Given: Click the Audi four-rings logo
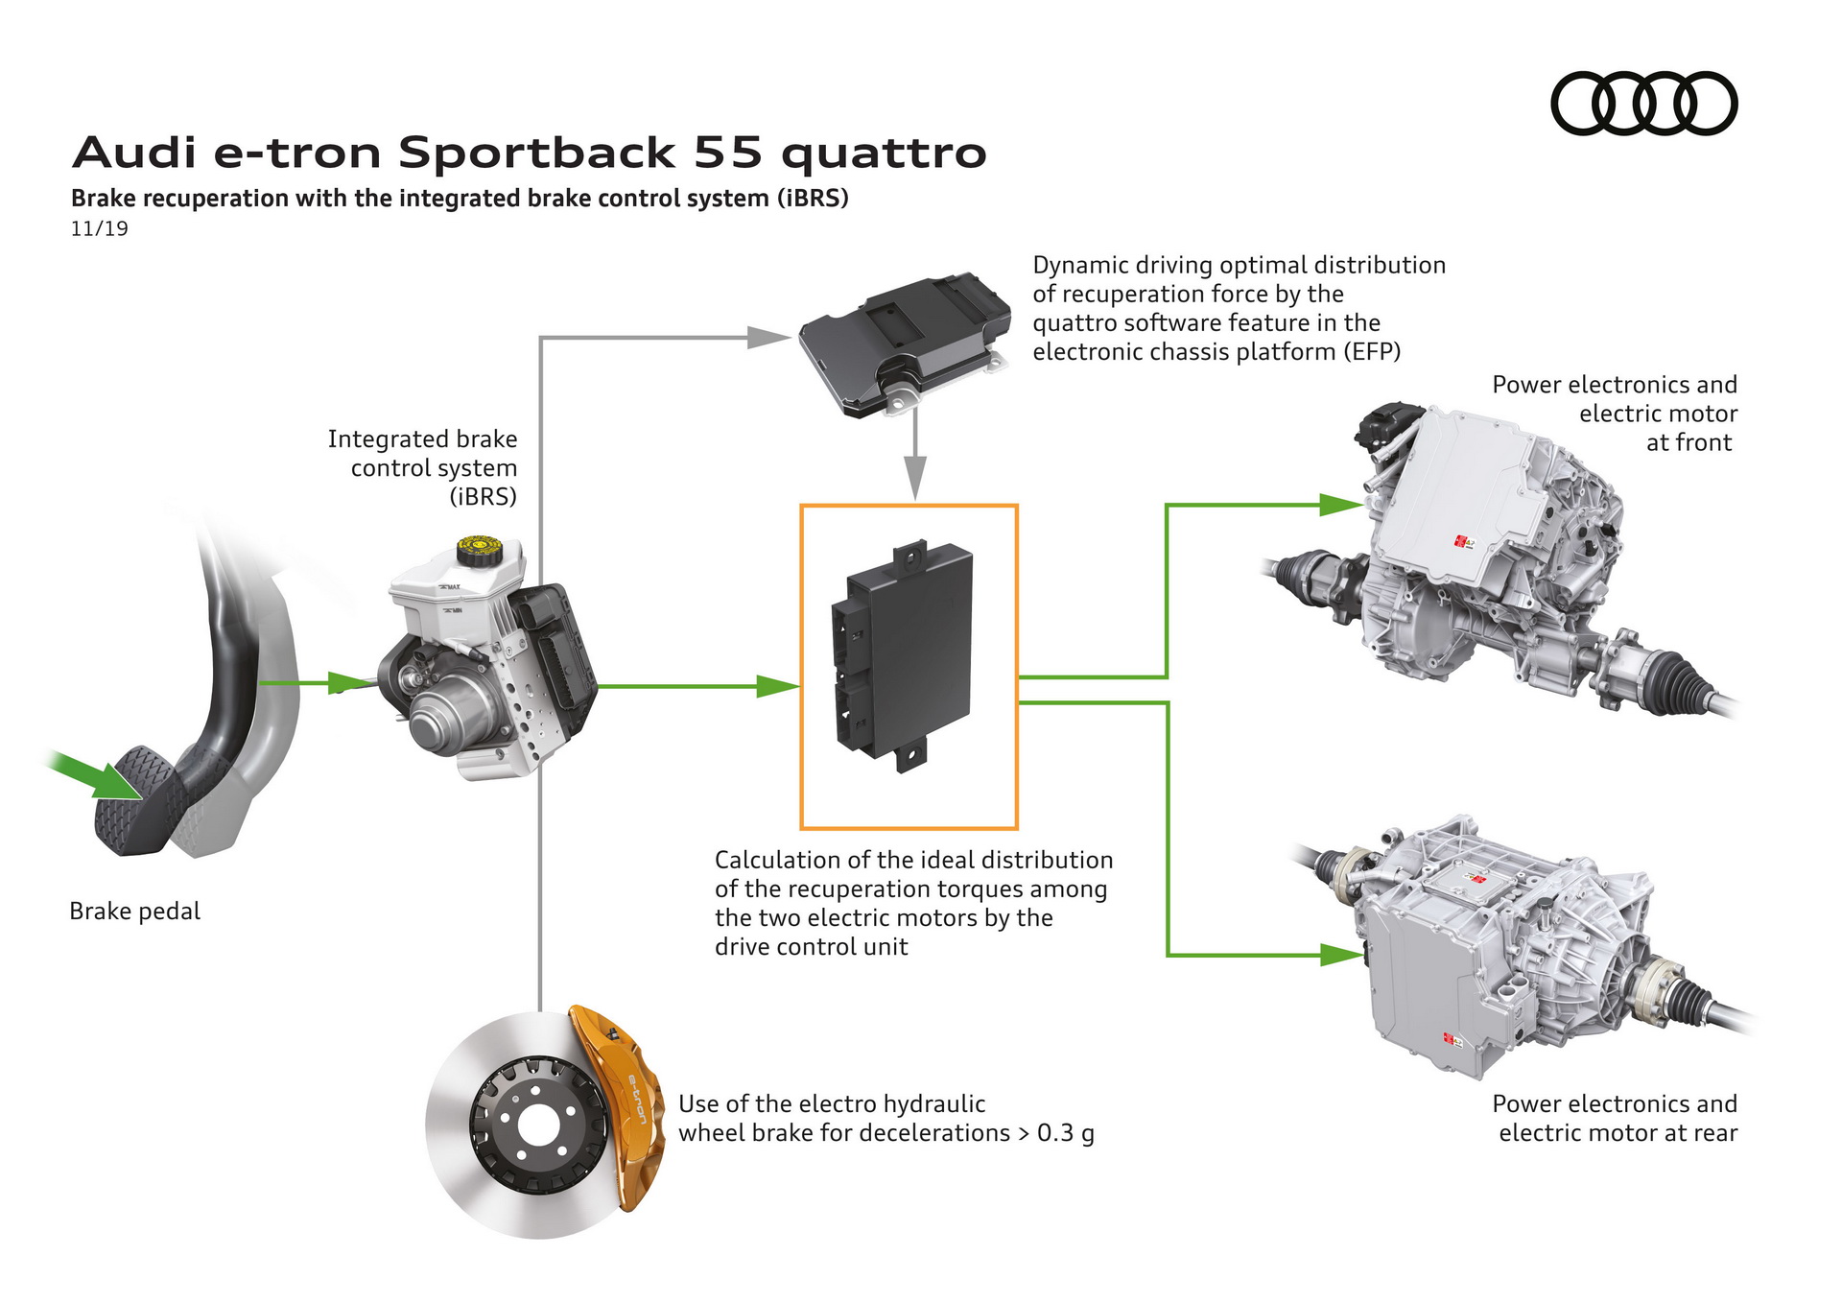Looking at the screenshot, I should (x=1643, y=104).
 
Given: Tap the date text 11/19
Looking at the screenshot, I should (x=99, y=228).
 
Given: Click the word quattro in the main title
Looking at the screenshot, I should (x=884, y=153).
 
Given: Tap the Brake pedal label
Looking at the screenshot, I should (x=134, y=911).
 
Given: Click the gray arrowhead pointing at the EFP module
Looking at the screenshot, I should (x=767, y=337).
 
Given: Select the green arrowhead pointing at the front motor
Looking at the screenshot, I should (x=1340, y=505).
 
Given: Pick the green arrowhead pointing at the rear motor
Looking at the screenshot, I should (x=1340, y=955).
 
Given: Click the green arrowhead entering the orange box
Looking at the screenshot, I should (x=776, y=686).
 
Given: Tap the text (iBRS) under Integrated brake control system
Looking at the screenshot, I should (x=483, y=496).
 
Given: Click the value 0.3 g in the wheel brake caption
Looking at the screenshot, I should (x=1065, y=1133).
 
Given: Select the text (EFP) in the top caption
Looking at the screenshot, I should (x=1372, y=351).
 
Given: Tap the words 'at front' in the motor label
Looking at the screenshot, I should (x=1688, y=442).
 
